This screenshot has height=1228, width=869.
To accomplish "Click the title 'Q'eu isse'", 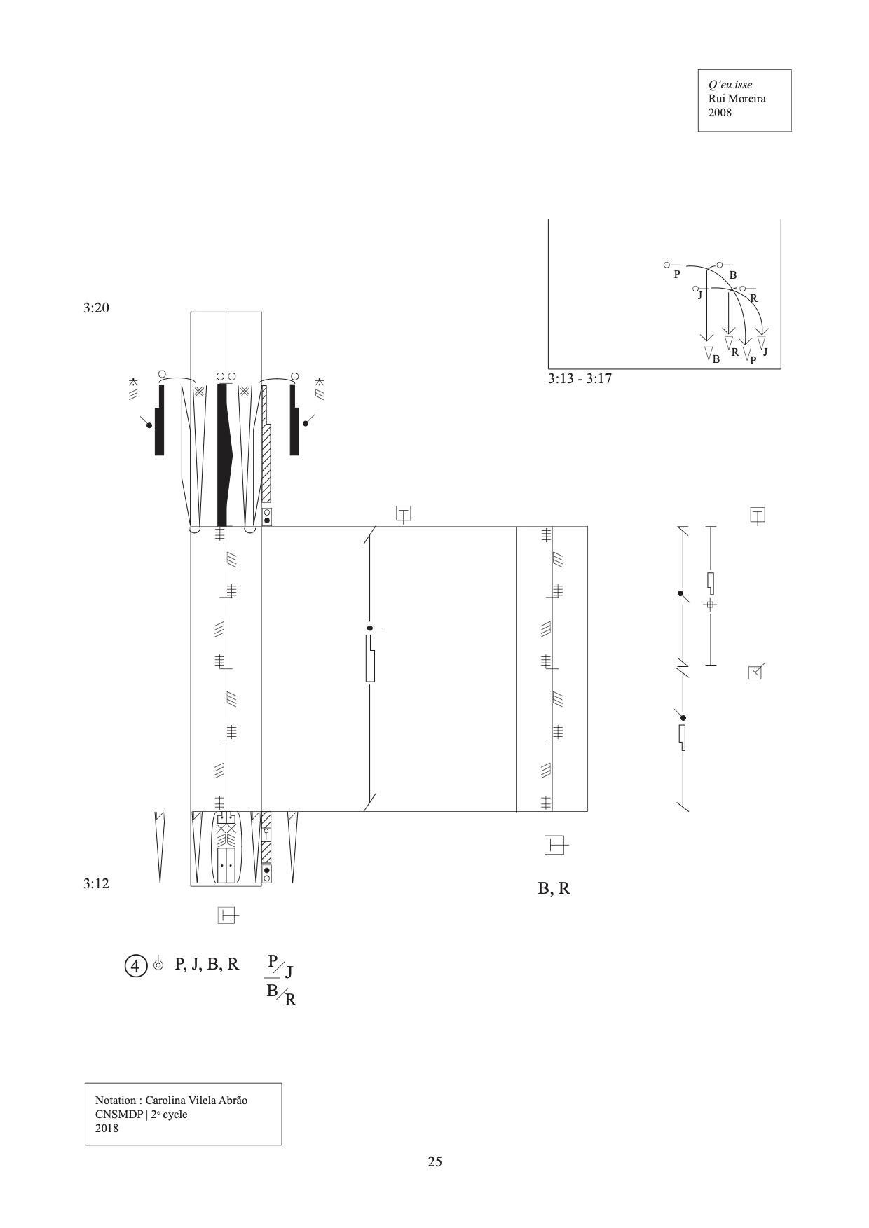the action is pyautogui.click(x=730, y=85).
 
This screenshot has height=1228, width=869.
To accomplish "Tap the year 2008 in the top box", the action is pyautogui.click(x=720, y=112).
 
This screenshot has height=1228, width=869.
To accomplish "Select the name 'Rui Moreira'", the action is pyautogui.click(x=737, y=98).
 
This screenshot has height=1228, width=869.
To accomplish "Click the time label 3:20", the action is pyautogui.click(x=96, y=308).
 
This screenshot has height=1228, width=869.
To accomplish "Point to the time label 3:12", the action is pyautogui.click(x=96, y=883).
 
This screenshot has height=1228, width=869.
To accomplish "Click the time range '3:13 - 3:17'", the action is pyautogui.click(x=580, y=379).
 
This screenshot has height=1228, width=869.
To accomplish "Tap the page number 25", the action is pyautogui.click(x=434, y=1161).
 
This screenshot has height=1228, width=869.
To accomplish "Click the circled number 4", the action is pyautogui.click(x=135, y=965).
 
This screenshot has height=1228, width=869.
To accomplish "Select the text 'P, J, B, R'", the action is pyautogui.click(x=207, y=964).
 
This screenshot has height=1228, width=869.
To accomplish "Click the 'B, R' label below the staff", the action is pyautogui.click(x=554, y=888).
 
